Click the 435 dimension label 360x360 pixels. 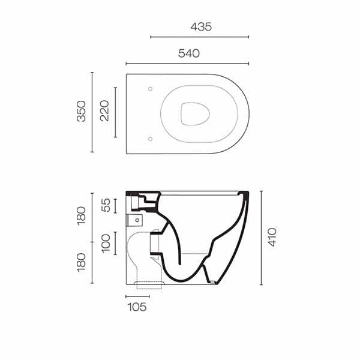201,26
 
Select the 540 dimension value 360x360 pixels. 189,53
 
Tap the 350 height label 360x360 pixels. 81,111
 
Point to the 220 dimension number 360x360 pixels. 104,110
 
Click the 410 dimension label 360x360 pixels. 272,237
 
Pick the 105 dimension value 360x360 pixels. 137,307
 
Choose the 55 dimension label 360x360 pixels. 106,205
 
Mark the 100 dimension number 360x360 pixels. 106,244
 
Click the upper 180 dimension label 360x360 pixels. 81,216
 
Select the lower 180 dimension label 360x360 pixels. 81,263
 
